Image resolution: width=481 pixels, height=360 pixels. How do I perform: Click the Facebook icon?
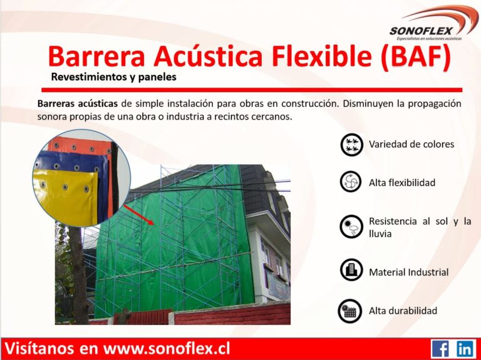coord(440,349)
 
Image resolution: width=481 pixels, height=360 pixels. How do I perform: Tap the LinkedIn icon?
coord(465,349)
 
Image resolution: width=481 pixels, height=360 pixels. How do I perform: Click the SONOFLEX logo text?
coord(421,31)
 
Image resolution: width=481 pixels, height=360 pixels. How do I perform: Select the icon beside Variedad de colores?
coord(351,145)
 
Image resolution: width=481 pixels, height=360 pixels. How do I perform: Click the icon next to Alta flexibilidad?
coord(351,182)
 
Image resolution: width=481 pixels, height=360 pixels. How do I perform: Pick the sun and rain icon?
coord(351,227)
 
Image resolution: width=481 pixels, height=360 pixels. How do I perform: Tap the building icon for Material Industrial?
coord(351,270)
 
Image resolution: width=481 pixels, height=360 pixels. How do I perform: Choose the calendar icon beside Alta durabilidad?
coord(349,311)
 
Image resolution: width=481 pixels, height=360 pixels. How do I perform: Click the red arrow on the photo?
coord(138,215)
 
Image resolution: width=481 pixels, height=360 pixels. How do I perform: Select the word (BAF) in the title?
coord(416,56)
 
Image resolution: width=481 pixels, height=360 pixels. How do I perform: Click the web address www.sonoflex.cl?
coord(166,349)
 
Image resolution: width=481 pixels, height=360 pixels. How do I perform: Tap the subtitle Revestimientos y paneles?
coord(113,76)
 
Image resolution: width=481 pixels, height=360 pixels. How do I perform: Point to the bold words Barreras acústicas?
coord(77,103)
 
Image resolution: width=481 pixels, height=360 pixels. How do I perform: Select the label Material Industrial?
coord(408,272)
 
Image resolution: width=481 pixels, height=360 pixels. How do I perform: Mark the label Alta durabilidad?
coord(403,311)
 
